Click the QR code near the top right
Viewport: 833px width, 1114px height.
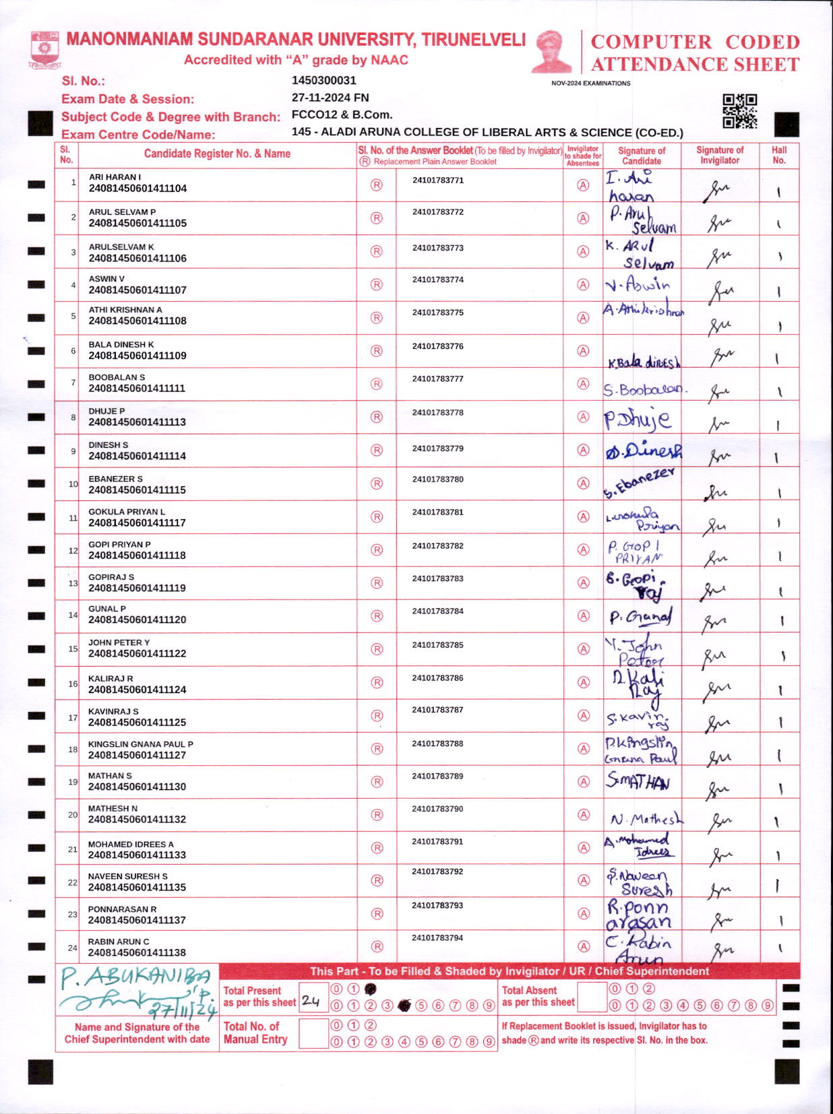(739, 111)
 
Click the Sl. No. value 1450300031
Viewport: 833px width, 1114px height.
(323, 81)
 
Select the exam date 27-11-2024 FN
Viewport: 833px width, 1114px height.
(330, 98)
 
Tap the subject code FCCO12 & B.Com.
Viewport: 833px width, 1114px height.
(342, 114)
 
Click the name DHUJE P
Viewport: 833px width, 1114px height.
(106, 411)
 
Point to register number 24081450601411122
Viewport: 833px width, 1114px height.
(137, 653)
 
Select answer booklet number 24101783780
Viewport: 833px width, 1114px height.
(438, 480)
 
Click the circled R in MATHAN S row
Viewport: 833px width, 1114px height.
(377, 782)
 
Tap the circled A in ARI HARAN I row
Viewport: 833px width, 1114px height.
(583, 185)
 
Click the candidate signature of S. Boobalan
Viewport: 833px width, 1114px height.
(642, 390)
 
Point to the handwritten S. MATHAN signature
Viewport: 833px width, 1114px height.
(638, 781)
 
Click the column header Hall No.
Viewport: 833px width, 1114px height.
(779, 155)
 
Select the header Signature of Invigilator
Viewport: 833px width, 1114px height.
(720, 155)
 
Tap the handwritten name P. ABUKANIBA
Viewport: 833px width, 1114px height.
(135, 976)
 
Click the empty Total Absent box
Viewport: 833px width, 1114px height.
(592, 997)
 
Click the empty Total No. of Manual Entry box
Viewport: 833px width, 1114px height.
(313, 1033)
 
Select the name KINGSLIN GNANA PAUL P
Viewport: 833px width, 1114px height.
(140, 744)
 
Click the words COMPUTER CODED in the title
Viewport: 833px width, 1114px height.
(695, 42)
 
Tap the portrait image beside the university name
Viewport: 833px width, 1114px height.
(551, 51)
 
